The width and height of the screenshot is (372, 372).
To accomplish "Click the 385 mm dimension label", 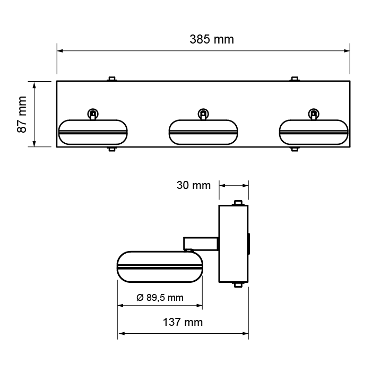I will pyautogui.click(x=211, y=39).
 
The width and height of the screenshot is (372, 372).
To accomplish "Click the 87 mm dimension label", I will pyautogui.click(x=22, y=114).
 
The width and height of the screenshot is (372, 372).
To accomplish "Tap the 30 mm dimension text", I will pyautogui.click(x=193, y=185).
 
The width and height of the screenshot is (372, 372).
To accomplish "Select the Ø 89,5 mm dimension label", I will pyautogui.click(x=160, y=298).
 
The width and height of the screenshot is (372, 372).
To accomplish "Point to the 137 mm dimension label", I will pyautogui.click(x=183, y=322).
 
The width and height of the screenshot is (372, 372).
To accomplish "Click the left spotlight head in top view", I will pyautogui.click(x=93, y=132).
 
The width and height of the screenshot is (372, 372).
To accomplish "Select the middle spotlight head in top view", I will pyautogui.click(x=203, y=132).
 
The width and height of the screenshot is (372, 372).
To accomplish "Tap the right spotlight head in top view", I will pyautogui.click(x=314, y=132).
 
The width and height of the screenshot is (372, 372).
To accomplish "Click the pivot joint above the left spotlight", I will pyautogui.click(x=93, y=114).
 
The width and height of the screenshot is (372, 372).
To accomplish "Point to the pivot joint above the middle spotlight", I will pyautogui.click(x=203, y=114).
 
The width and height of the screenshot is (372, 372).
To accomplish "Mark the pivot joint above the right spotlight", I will pyautogui.click(x=314, y=114).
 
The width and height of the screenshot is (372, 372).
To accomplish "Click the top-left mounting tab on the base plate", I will pyautogui.click(x=111, y=79).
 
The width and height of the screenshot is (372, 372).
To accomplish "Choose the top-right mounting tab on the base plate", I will pyautogui.click(x=295, y=79).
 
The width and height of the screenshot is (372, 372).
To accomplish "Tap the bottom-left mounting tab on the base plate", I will pyautogui.click(x=111, y=149).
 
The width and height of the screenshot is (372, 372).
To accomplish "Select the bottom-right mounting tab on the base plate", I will pyautogui.click(x=295, y=149).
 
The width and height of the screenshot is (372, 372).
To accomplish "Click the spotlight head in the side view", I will pyautogui.click(x=160, y=266).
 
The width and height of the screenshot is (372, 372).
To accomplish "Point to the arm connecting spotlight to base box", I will pyautogui.click(x=201, y=244).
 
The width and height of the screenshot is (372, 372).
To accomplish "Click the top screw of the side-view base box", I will pyautogui.click(x=239, y=202).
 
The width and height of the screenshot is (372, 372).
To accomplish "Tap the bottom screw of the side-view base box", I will pyautogui.click(x=239, y=285).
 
